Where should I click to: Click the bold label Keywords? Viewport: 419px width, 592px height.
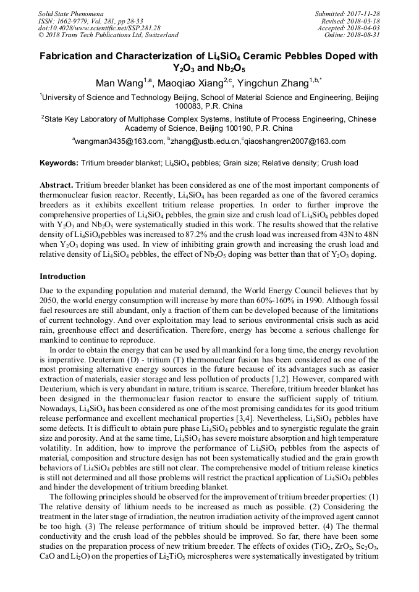coord(59,163)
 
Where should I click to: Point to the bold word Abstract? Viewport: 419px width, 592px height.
coord(56,185)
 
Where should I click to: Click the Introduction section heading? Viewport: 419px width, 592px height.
coord(62,276)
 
